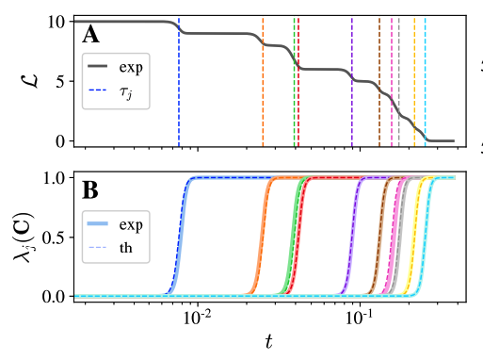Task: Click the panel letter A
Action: click(91, 36)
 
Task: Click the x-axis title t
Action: click(267, 343)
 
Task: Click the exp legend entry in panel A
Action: click(131, 68)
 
